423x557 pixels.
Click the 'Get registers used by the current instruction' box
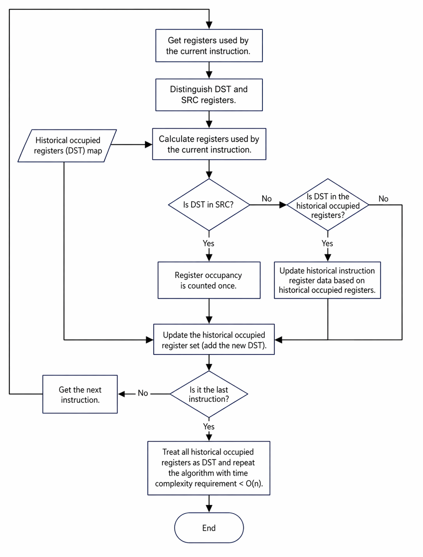point(209,45)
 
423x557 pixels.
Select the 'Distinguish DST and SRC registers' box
point(209,95)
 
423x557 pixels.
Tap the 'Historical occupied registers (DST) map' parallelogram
point(67,146)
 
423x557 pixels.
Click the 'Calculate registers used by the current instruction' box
point(209,144)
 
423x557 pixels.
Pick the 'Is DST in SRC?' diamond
point(209,205)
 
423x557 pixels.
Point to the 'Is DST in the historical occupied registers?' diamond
point(328,205)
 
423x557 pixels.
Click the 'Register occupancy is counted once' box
point(209,280)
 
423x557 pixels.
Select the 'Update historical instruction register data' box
point(327,280)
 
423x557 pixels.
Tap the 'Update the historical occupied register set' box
point(214,339)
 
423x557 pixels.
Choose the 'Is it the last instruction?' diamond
point(209,394)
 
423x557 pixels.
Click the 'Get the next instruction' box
point(80,394)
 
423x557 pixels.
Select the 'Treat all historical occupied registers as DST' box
point(209,468)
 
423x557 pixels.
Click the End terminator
point(209,528)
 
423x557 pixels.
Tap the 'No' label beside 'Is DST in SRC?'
point(267,198)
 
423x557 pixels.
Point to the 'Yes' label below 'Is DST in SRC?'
point(208,243)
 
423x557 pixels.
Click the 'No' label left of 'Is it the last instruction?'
point(143,393)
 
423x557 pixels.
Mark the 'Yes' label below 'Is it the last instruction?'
point(209,426)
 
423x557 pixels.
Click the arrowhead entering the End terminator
point(209,509)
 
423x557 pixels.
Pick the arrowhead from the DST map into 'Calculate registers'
point(149,144)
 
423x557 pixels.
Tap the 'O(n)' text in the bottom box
point(254,483)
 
